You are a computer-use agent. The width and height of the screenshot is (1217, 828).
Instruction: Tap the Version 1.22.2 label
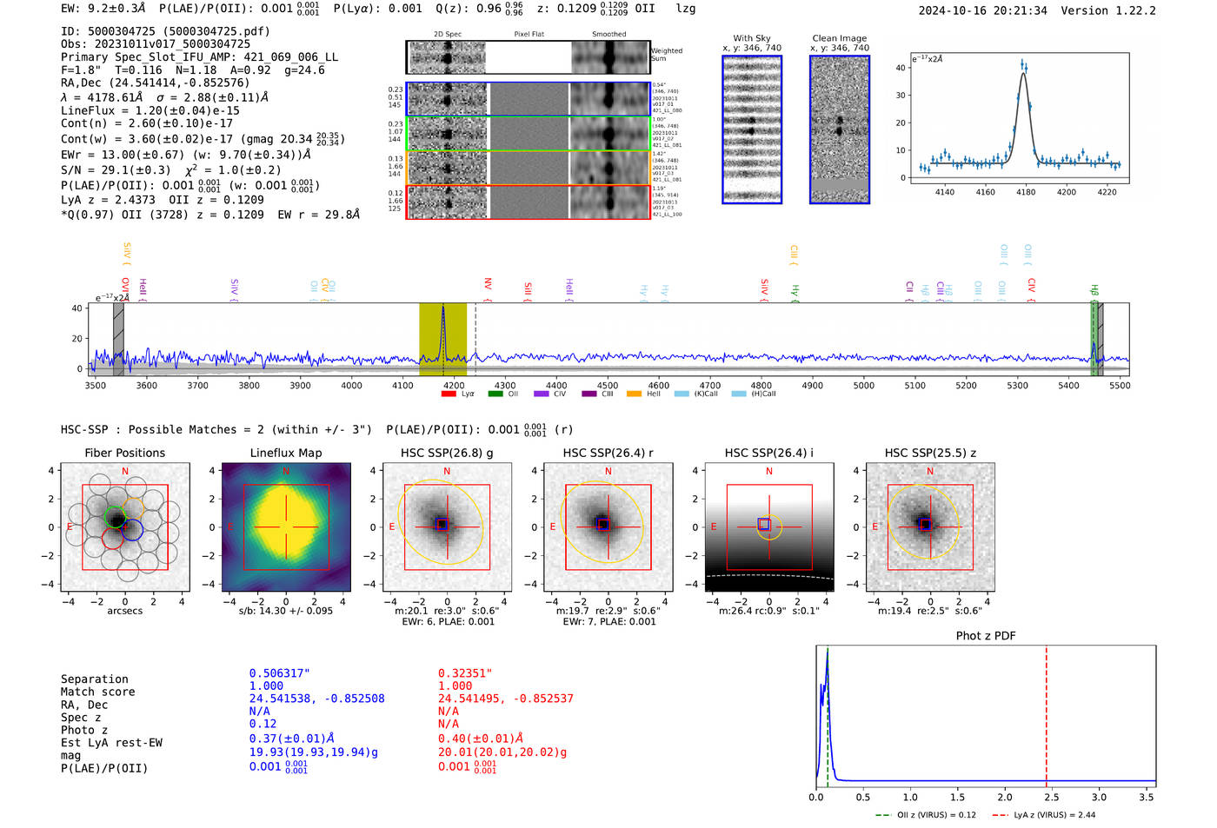coord(1108,10)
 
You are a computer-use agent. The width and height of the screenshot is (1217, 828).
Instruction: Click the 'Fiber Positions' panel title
coord(124,453)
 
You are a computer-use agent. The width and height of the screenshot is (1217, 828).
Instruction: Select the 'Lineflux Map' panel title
coord(285,453)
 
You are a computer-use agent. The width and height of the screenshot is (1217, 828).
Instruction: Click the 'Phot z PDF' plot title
coord(985,636)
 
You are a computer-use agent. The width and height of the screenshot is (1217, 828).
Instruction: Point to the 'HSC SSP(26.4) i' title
coord(768,453)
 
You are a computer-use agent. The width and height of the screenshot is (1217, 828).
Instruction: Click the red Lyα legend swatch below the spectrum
coord(449,394)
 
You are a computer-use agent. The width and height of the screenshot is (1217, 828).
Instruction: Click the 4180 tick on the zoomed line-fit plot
coord(1026,192)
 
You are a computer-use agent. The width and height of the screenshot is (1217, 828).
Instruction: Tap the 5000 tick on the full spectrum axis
coord(863,385)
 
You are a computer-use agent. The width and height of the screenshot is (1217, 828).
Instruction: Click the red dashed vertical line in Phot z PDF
coord(1046,712)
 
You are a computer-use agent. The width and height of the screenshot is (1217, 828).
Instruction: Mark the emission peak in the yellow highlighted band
coord(442,309)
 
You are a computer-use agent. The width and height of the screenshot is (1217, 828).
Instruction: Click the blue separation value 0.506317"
coord(279,673)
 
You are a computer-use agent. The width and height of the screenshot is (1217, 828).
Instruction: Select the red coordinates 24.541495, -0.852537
coord(505,699)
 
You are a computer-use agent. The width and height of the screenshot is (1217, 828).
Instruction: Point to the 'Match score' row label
coord(97,692)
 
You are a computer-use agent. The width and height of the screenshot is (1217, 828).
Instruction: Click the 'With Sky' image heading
coord(751,38)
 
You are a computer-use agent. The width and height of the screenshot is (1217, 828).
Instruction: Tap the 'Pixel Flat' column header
coord(529,34)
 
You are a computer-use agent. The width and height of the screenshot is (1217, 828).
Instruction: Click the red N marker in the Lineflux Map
coord(285,472)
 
